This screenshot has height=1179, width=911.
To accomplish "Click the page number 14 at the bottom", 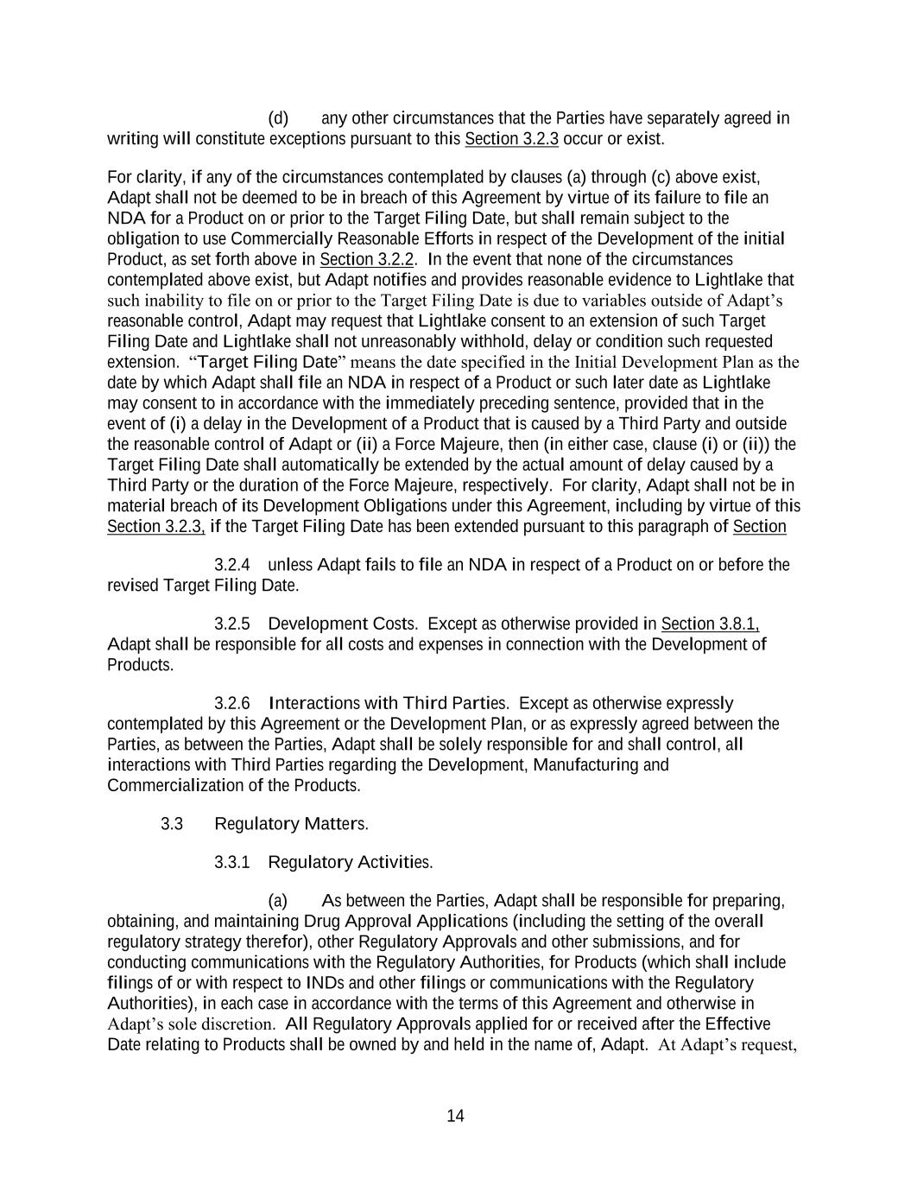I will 455,1116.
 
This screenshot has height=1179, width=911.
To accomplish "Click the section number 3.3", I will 172,824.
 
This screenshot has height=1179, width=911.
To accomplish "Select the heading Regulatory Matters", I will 291,824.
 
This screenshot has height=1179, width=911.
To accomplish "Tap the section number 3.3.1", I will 232,862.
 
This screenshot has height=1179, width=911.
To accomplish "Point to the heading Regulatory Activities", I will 351,862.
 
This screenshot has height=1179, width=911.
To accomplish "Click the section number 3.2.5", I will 232,624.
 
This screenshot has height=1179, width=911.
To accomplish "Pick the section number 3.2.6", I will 232,703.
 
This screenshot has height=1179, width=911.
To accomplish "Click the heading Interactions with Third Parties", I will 389,703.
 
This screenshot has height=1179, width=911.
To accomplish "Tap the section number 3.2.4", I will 232,565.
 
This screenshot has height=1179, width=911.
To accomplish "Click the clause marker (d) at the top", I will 278,118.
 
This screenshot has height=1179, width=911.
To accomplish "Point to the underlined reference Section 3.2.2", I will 367,259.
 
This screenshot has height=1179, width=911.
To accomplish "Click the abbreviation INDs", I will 326,983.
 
